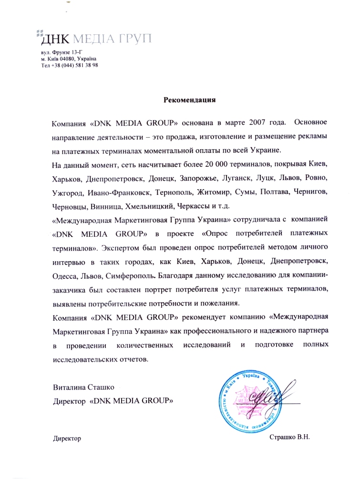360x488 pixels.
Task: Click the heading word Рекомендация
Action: pos(190,100)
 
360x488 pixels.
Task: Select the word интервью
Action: pos(68,262)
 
